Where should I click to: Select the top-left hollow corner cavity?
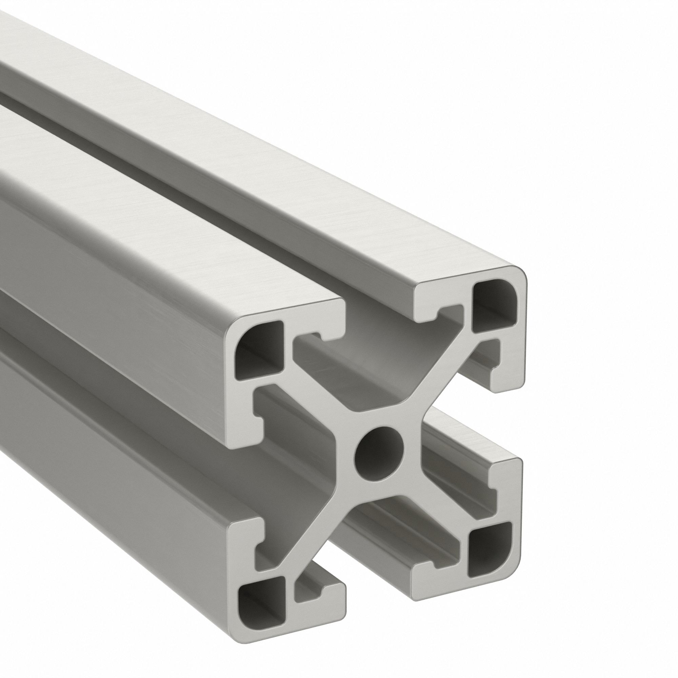pos(259,351)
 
